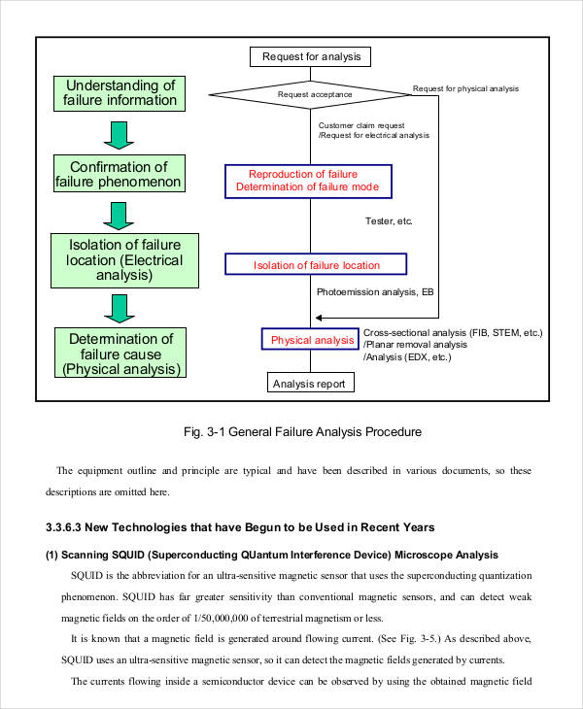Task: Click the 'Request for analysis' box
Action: (x=311, y=56)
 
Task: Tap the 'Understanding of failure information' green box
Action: (x=115, y=92)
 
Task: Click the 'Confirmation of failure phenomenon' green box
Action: (x=118, y=175)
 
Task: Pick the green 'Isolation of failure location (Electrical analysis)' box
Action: (x=118, y=259)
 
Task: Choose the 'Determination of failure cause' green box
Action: (x=121, y=354)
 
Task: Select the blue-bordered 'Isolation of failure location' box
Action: (x=316, y=265)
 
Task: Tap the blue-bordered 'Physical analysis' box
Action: (x=311, y=340)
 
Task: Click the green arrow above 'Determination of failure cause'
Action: (x=118, y=307)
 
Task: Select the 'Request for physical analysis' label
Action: (x=465, y=88)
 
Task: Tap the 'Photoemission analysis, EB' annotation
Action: (x=374, y=291)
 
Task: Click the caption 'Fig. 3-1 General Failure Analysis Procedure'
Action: (x=302, y=431)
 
